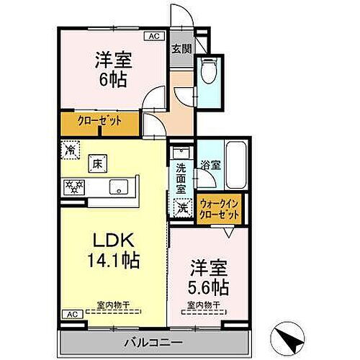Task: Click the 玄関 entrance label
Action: click(x=180, y=49)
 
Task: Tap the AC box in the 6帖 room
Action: click(x=153, y=35)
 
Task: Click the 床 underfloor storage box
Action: click(x=96, y=163)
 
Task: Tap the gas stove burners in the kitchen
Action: click(x=75, y=186)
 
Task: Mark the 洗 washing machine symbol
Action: click(x=181, y=206)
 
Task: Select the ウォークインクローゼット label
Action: click(x=220, y=209)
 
